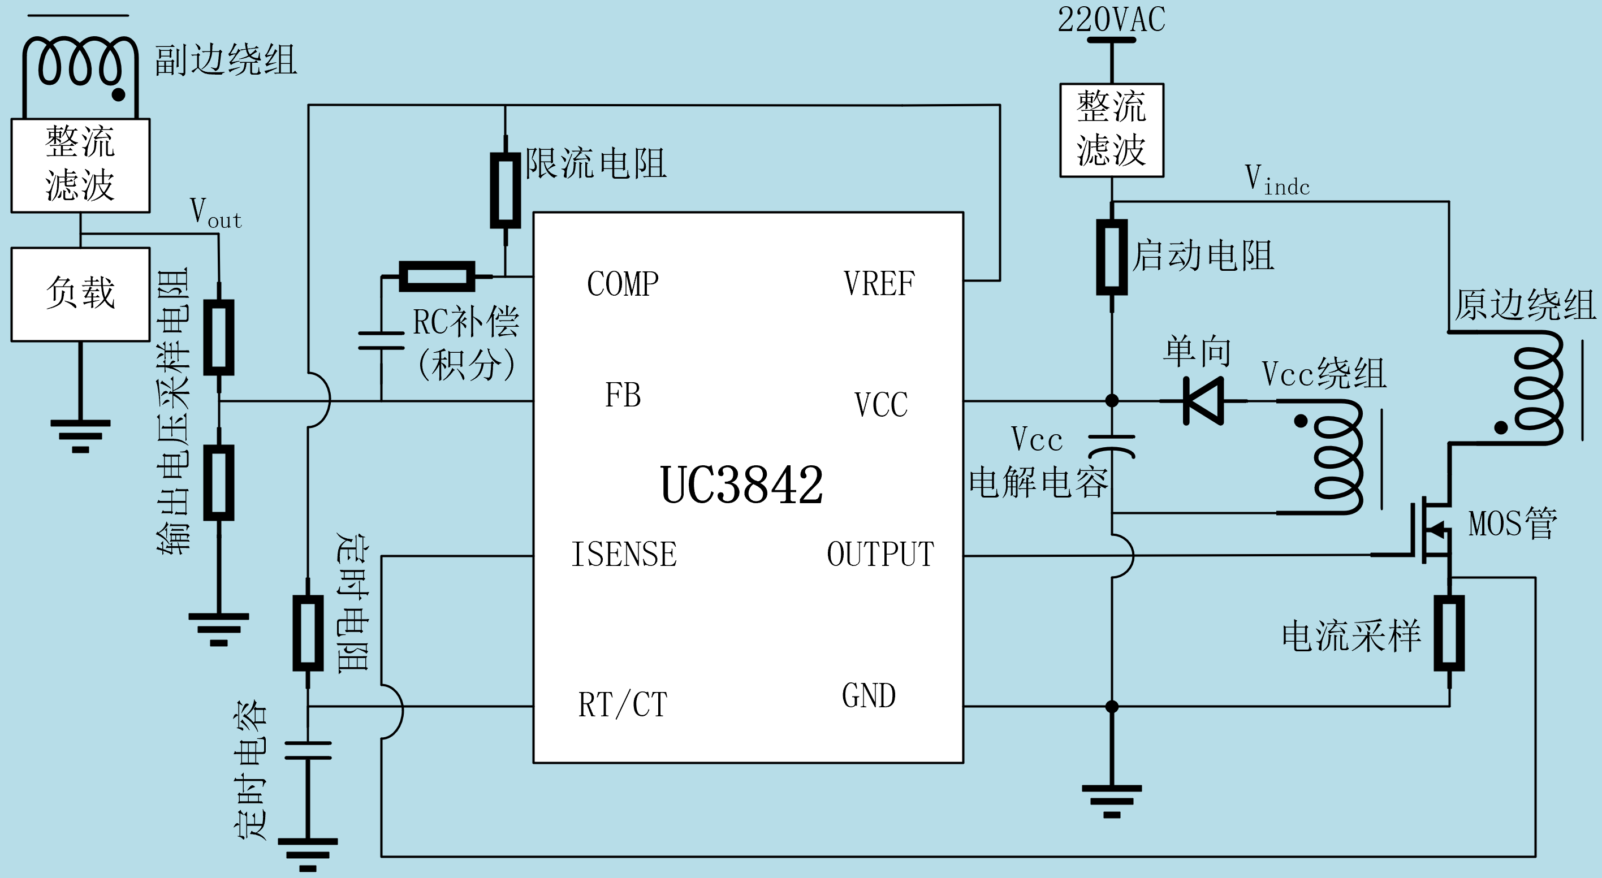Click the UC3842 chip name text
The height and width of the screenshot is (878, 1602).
(741, 485)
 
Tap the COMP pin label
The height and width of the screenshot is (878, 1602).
(623, 284)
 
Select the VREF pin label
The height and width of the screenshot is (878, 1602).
(879, 284)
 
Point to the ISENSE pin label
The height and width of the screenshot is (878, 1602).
(624, 554)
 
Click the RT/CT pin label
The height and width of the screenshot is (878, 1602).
(623, 705)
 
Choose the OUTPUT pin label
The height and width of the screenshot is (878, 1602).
(880, 554)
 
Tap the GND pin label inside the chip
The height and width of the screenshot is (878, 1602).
(869, 696)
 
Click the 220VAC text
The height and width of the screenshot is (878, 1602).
(1111, 20)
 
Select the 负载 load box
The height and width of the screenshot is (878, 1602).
(81, 294)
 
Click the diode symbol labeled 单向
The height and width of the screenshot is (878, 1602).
(1203, 401)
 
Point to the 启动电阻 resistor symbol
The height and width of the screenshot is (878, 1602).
(1112, 256)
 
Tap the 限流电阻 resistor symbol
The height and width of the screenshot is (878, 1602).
(505, 191)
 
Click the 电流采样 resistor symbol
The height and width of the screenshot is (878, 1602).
(1449, 633)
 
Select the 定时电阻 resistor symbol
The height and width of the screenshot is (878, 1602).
(308, 633)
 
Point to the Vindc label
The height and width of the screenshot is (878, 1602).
(1277, 180)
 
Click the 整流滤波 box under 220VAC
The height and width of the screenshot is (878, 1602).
(1111, 130)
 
